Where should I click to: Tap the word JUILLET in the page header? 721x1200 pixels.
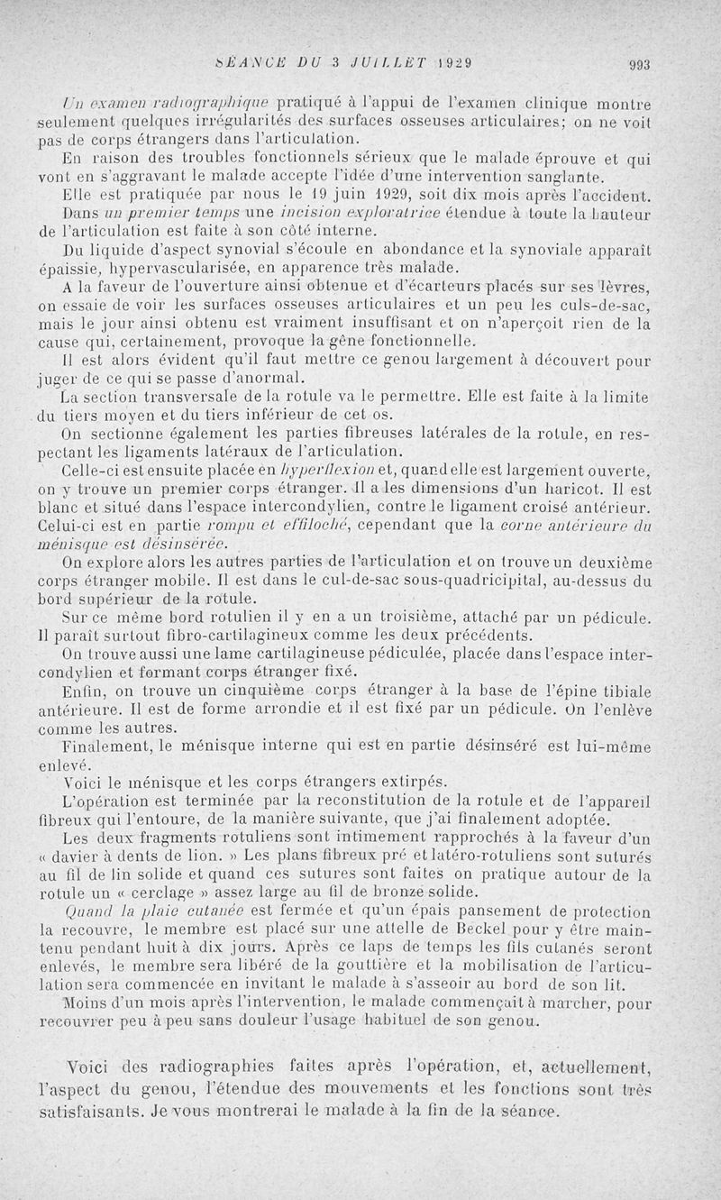(383, 63)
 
